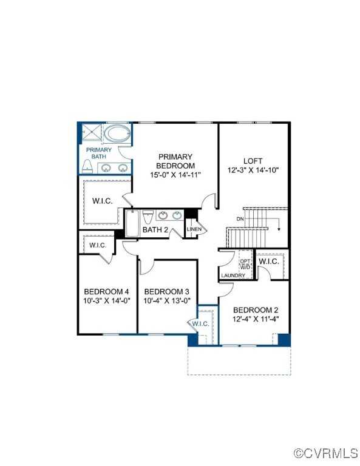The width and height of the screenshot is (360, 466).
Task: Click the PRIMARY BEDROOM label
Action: coord(175,161)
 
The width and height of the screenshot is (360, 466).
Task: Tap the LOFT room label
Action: coord(253,161)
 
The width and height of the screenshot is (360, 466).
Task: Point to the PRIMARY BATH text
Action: coord(98,153)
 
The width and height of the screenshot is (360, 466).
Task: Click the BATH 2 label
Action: coord(155,230)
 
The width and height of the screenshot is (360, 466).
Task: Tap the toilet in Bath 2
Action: coord(148,217)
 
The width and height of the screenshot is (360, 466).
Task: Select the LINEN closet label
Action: coord(194,229)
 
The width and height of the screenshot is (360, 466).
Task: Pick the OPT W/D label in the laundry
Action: coord(245,264)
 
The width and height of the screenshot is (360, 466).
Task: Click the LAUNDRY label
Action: coord(233,275)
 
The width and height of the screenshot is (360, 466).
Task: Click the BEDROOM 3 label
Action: coord(167,291)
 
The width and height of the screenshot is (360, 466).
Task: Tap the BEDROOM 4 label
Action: coord(106,291)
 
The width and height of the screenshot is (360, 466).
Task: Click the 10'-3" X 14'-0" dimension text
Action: coord(106,300)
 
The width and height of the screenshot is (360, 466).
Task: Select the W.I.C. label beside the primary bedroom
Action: coord(102,201)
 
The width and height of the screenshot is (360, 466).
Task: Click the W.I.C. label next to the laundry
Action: coord(268,262)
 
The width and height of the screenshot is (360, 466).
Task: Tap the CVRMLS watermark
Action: coord(326,453)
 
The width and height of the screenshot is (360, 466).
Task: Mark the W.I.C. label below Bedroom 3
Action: coord(201,324)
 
